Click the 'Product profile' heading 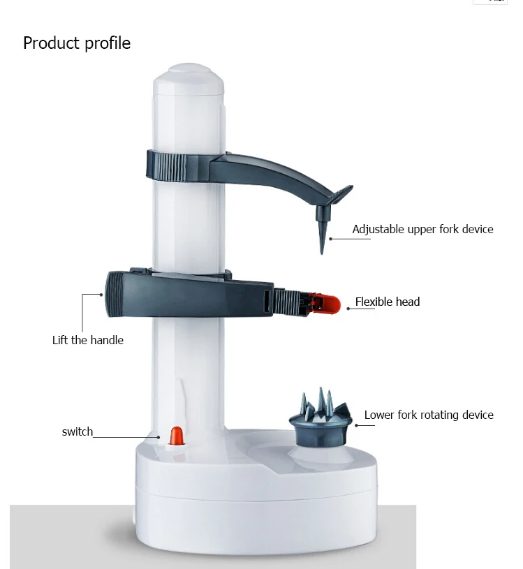point(77,43)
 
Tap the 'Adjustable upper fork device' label point(423,229)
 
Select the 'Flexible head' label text point(388,302)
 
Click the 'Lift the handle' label point(88,341)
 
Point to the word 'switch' point(78,432)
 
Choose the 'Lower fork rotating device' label point(429,415)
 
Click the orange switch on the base point(177,436)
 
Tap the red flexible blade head point(328,304)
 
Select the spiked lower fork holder point(321,417)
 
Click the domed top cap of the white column point(189,78)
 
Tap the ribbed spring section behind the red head point(287,302)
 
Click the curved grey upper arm point(276,172)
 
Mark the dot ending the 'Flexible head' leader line point(348,309)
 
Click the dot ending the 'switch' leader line point(159,437)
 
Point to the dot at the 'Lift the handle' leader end point(101,295)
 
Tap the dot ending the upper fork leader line point(330,239)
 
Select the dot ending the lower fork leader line point(356,425)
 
